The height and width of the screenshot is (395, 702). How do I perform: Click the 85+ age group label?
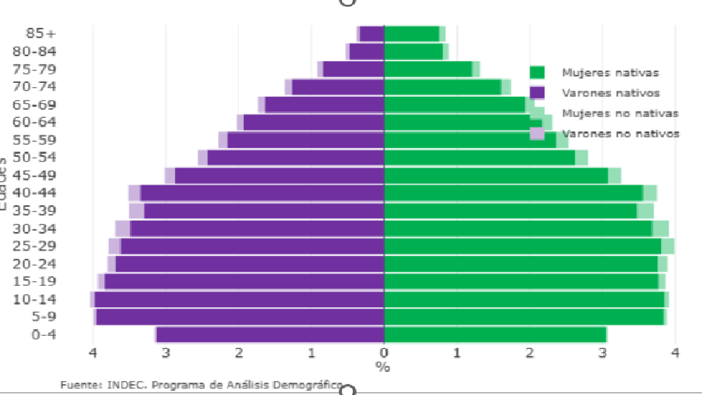(x=40, y=33)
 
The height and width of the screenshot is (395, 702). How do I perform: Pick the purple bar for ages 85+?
(x=372, y=34)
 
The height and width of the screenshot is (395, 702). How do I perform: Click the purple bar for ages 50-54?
(x=296, y=157)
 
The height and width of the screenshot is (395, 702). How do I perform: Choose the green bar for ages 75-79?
(x=428, y=69)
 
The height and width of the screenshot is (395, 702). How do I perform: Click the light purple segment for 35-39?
(x=136, y=211)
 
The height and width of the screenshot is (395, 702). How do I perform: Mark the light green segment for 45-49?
(x=614, y=176)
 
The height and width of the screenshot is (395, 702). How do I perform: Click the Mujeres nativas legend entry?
(x=610, y=73)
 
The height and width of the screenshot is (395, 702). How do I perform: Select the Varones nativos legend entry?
(x=610, y=93)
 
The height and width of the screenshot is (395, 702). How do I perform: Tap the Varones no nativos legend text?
(x=620, y=133)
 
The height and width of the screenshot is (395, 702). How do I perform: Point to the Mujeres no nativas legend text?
(x=620, y=113)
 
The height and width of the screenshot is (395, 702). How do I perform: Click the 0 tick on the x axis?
(x=384, y=352)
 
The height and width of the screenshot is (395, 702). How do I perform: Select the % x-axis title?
(x=383, y=366)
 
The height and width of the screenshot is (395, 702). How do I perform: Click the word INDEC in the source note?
(x=126, y=385)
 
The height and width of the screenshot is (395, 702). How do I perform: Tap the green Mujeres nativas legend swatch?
(x=537, y=73)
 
